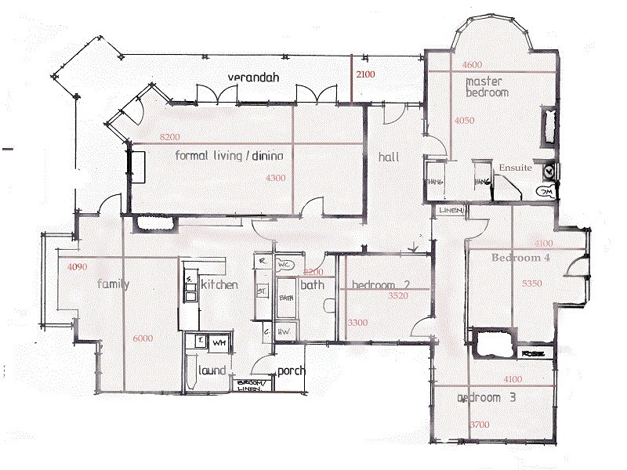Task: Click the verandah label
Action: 255,78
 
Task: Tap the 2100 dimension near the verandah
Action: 365,74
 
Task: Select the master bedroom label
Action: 487,87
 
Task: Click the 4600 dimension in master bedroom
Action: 473,64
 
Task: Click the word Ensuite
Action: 515,168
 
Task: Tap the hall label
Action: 389,157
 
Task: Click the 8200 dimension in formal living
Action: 170,137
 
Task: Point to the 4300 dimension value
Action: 276,178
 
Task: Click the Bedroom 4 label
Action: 520,257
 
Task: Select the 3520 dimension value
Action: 400,296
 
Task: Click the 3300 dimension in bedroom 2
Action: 358,323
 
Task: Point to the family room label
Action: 113,284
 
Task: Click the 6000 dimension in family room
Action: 143,338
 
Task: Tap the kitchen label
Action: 219,284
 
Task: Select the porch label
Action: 291,371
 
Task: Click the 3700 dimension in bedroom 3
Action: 479,424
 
